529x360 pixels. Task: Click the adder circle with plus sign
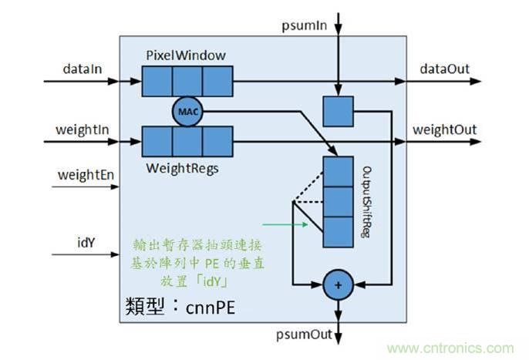pyautogui.click(x=337, y=285)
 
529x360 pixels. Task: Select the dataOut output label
pyautogui.click(x=444, y=69)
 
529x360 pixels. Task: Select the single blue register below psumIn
pyautogui.click(x=337, y=111)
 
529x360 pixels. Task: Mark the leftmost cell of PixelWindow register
pyautogui.click(x=157, y=80)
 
